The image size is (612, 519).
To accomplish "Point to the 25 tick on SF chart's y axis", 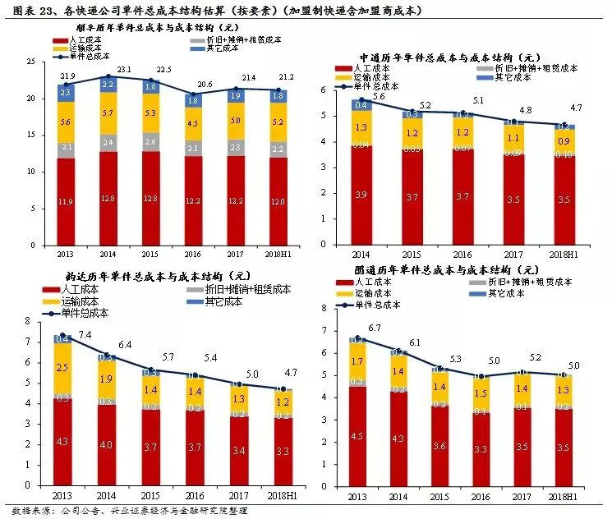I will pos(31,62).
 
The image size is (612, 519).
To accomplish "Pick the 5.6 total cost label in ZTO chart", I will pos(380,96).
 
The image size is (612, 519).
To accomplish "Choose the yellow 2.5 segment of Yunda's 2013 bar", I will pos(62,368).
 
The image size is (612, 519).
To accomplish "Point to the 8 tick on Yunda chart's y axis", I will pos(30,320).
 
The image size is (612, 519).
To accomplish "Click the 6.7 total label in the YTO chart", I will pos(375,328).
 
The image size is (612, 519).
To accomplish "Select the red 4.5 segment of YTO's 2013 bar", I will pos(357,437).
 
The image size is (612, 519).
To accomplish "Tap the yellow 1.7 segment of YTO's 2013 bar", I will pos(357,361).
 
